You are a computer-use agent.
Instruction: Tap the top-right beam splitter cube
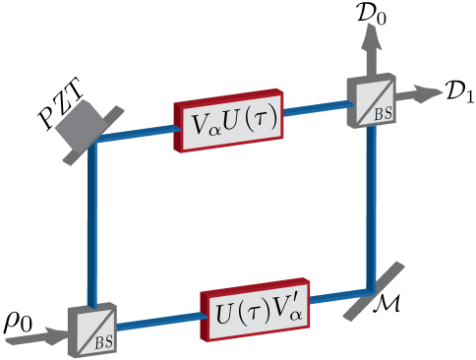coord(372,99)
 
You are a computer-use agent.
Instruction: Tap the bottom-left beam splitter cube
coord(90,330)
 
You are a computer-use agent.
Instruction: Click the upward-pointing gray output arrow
coord(371,43)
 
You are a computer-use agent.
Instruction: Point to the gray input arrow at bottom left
coord(35,340)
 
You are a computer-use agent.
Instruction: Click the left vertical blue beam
coord(92,226)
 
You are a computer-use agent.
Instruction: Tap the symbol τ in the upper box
coord(259,123)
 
